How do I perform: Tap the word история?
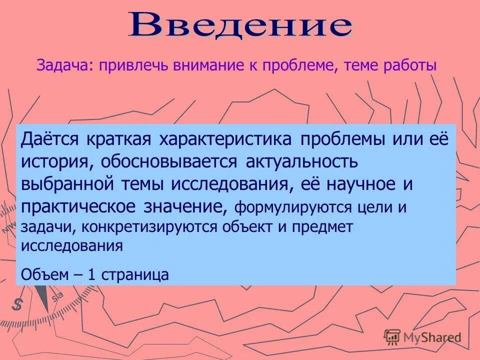click(56, 161)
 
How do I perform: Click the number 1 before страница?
click(91, 274)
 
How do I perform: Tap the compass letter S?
click(18, 303)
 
